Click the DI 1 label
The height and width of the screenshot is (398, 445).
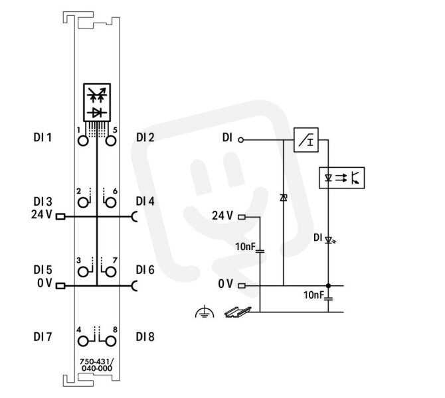[x=43, y=137]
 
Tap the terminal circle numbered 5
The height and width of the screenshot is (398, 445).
[x=111, y=141]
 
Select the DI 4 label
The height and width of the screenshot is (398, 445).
[x=145, y=201]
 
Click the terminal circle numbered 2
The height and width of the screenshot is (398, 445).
[x=83, y=203]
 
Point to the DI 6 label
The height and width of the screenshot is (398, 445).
[x=145, y=270]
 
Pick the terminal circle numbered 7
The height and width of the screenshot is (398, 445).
[x=111, y=272]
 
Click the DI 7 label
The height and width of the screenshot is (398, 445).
[x=43, y=337]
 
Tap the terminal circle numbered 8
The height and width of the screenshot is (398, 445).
[x=111, y=342]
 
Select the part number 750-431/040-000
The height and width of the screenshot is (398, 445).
[x=97, y=365]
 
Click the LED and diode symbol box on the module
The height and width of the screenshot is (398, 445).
[x=97, y=102]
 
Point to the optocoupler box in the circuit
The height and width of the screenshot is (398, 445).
[x=341, y=178]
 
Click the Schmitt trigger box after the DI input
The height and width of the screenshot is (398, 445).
[x=306, y=140]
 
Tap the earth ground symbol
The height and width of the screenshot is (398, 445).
[x=205, y=312]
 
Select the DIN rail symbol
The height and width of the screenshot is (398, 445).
[x=238, y=312]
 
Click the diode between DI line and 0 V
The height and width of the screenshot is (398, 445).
[x=283, y=198]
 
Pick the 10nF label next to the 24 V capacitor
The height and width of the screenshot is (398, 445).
[x=246, y=247]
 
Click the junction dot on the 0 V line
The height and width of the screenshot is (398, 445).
[x=328, y=286]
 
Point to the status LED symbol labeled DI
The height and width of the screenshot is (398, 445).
[x=329, y=241]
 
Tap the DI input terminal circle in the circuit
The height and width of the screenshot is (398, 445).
[x=240, y=140]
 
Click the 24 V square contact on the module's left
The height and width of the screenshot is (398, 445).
[x=60, y=217]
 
